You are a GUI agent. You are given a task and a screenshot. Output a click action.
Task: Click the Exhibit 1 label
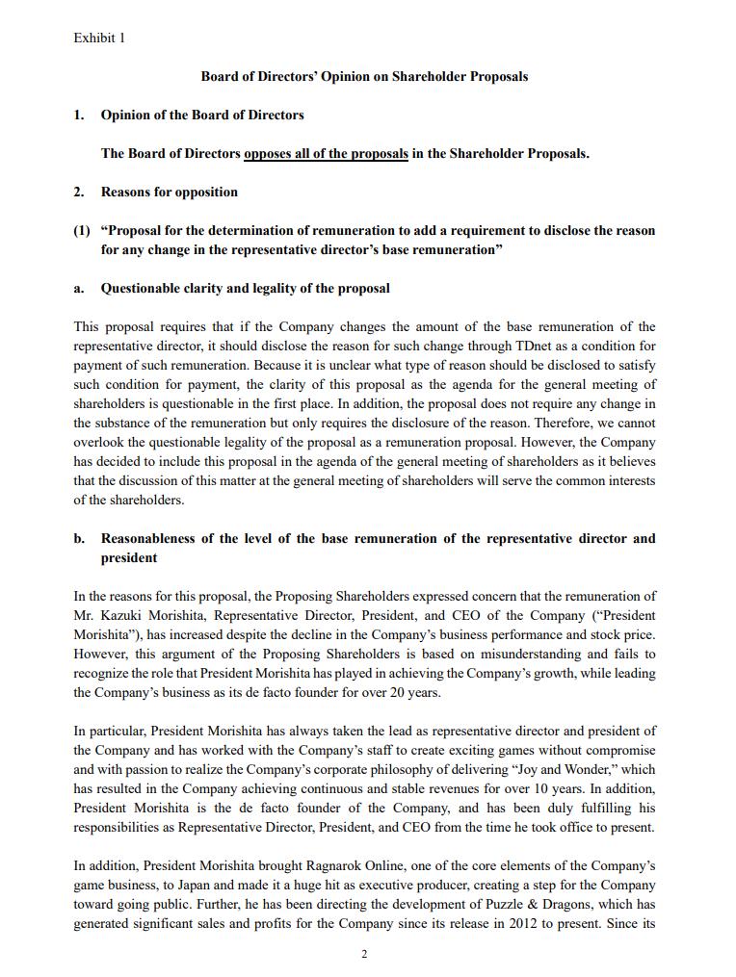tap(99, 39)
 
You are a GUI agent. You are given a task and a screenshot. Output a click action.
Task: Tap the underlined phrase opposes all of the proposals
tap(326, 153)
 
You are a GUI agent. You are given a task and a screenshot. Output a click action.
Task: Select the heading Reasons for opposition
tap(170, 192)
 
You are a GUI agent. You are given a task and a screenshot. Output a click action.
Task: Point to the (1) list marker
tap(82, 230)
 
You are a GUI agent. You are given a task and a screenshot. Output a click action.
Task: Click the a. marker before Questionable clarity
tap(79, 288)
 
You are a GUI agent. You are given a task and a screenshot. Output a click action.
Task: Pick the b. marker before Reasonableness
tap(80, 538)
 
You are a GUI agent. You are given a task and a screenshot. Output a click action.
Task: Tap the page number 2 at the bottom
tap(364, 954)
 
